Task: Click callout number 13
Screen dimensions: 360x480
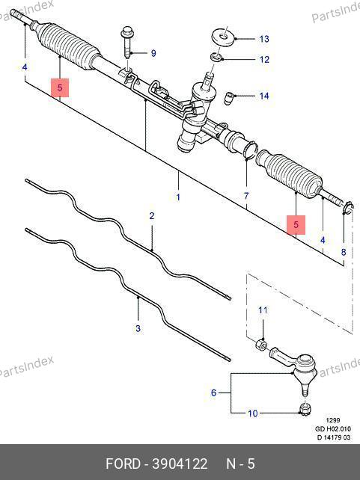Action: (263, 39)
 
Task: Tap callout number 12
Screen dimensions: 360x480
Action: (263, 59)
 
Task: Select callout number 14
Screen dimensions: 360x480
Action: (263, 96)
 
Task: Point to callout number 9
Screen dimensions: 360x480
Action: (153, 53)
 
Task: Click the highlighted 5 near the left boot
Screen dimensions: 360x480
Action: (60, 87)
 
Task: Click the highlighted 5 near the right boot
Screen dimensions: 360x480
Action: (296, 224)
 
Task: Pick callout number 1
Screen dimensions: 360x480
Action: (178, 197)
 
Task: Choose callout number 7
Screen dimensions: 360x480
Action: (246, 196)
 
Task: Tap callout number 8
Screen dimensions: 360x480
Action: (344, 252)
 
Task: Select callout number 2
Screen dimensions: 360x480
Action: (152, 216)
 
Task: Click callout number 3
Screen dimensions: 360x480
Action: (138, 328)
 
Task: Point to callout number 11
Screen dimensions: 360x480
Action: (263, 310)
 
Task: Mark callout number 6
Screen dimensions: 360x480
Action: (213, 393)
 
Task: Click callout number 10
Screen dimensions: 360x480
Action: (252, 413)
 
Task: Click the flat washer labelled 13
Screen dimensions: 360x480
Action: (224, 37)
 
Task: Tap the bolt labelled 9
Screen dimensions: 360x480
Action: (127, 43)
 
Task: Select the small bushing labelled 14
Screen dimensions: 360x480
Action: (228, 98)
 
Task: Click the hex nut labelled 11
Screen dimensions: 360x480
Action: (261, 344)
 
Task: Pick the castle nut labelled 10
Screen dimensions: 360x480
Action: (304, 409)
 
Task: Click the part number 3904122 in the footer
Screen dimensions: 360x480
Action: (180, 464)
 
